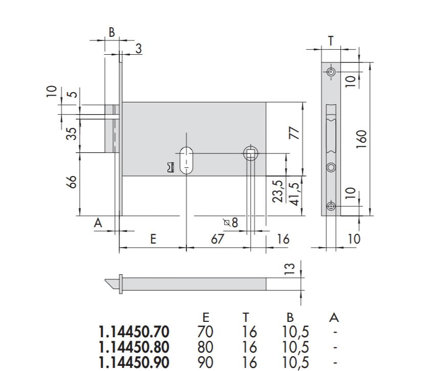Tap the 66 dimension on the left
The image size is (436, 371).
72,182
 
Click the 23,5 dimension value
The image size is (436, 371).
279,190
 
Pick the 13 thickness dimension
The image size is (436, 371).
290,268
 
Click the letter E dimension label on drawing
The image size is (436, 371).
152,239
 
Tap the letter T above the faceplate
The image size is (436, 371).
331,41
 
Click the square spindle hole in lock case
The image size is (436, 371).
250,153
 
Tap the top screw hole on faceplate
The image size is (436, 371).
331,73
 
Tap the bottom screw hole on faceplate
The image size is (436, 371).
331,206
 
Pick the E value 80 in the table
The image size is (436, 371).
205,347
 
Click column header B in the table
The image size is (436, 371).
290,318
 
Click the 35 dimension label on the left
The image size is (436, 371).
72,133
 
